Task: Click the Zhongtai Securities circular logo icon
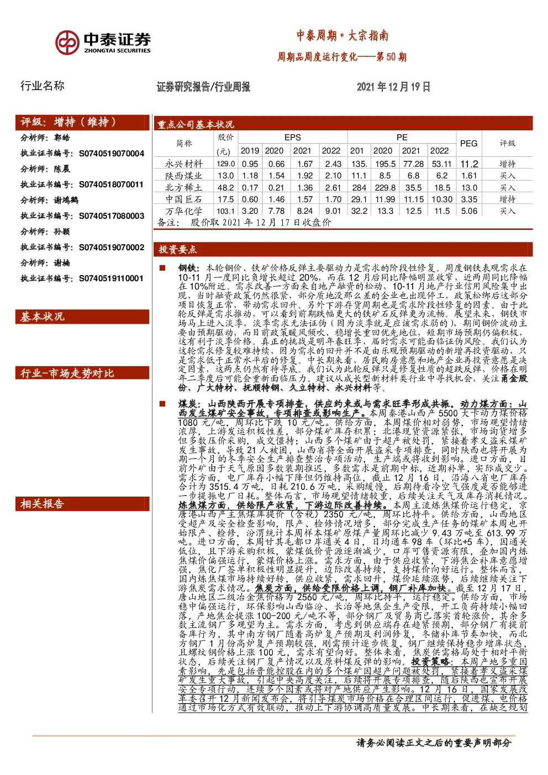point(67,42)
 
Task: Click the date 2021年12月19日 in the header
point(393,87)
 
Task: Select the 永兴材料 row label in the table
point(184,164)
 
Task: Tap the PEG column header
point(468,143)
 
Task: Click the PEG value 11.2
point(469,164)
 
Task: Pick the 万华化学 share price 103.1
point(225,211)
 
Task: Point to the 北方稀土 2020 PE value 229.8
point(385,187)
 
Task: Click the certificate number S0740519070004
point(112,154)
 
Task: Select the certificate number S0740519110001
point(111,278)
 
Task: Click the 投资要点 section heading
point(177,250)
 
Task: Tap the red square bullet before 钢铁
point(162,268)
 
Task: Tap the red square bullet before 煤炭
point(162,404)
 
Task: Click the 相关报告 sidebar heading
point(42,504)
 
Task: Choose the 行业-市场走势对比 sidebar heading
point(67,373)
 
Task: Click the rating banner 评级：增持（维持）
point(68,122)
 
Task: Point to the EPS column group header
point(293,138)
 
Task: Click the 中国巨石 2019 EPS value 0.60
point(250,199)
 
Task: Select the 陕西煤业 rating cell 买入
point(508,176)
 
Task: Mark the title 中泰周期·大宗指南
point(342,36)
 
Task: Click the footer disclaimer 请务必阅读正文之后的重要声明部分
point(434,743)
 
